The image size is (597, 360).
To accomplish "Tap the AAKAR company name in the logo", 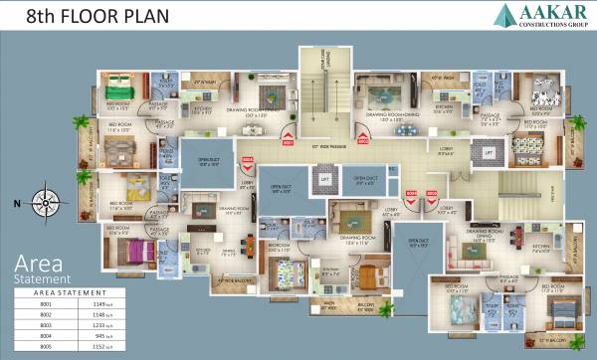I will click(545, 12).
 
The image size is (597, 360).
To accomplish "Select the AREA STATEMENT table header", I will click(70, 292).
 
